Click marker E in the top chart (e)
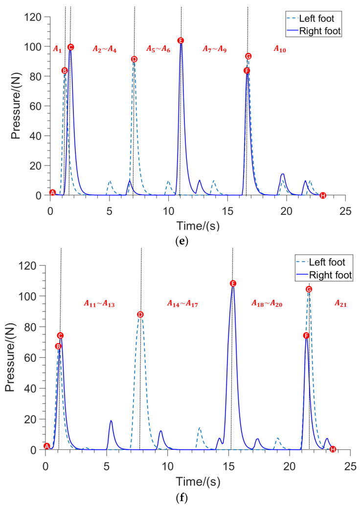point(180,41)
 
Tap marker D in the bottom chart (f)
point(140,315)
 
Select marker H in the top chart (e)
point(322,196)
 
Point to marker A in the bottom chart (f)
point(47,446)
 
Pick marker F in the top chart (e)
point(247,71)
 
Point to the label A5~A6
point(158,48)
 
